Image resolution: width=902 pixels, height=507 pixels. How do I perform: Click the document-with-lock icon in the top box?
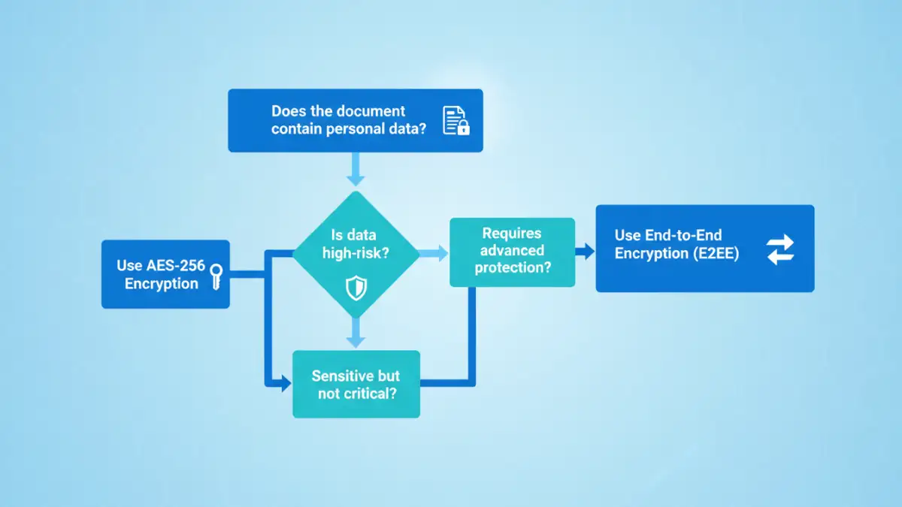tap(456, 121)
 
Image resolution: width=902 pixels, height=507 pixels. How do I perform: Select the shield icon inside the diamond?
tap(355, 287)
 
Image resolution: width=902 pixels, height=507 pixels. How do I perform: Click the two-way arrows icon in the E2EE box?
tap(779, 249)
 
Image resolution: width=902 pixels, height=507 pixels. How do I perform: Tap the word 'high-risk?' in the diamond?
tap(355, 253)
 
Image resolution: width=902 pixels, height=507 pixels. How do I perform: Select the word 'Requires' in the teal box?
tap(511, 234)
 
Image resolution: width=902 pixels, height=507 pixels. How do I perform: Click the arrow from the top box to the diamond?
tap(356, 169)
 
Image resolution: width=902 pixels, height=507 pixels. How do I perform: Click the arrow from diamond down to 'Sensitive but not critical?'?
tap(356, 332)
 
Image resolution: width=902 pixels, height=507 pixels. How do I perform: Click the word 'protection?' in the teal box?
tap(512, 267)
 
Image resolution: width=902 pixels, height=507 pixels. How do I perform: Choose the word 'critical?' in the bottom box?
tap(370, 393)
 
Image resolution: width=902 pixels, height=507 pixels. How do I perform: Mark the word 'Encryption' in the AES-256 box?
tap(161, 283)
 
